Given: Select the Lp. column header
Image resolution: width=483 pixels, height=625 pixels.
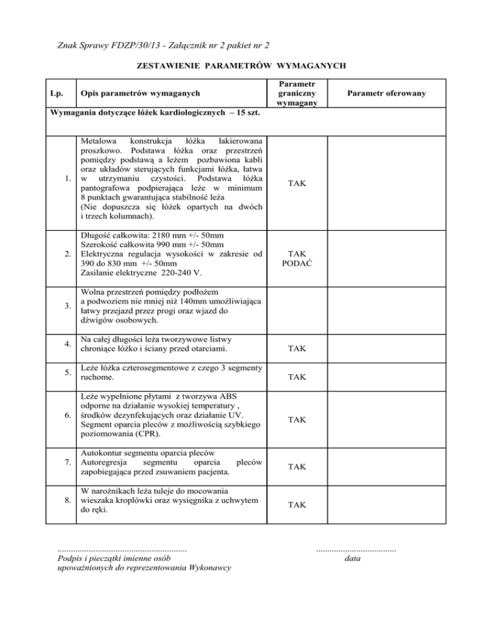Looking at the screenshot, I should tap(56, 93).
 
